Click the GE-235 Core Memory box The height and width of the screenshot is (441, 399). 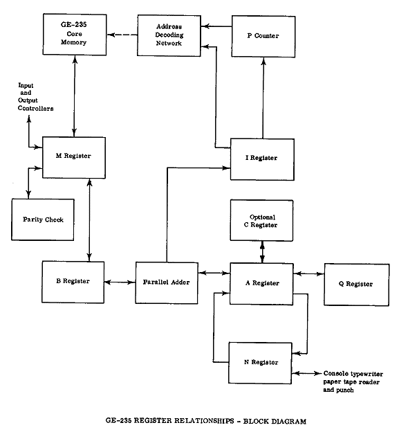point(75,35)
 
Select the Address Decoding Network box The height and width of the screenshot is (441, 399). point(169,35)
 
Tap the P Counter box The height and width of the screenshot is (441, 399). point(263,37)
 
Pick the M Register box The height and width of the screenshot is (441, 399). point(74,158)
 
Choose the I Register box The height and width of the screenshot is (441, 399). point(263,159)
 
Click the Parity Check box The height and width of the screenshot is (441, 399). point(43,219)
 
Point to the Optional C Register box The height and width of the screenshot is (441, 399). point(261,220)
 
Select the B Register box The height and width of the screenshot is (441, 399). point(73,282)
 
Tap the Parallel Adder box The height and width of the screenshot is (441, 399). point(167,283)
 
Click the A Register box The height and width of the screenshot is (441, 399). point(261,284)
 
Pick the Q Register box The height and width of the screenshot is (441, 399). point(357,285)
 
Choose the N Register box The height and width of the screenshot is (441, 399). point(260,363)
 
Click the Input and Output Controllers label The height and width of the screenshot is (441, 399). point(36,97)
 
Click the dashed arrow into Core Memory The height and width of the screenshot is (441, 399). point(122,35)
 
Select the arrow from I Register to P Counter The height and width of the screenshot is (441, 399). point(263,98)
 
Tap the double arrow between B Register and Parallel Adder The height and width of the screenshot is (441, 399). point(120,282)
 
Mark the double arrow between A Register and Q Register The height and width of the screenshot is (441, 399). point(309,273)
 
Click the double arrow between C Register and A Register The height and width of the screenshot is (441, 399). point(262,252)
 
